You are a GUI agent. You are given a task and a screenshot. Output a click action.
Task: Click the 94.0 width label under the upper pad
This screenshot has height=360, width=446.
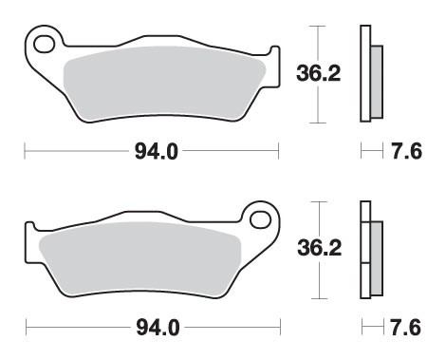point(151,150)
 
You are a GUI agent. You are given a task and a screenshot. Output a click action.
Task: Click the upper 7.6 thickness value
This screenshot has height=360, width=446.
point(407,150)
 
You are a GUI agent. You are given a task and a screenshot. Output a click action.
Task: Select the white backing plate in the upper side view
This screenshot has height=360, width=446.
point(364,74)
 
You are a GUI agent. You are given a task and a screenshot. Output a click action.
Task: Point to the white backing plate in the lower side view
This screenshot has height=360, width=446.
point(364,252)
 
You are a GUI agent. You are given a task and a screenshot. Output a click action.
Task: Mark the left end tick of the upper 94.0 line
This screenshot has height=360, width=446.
point(25,150)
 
